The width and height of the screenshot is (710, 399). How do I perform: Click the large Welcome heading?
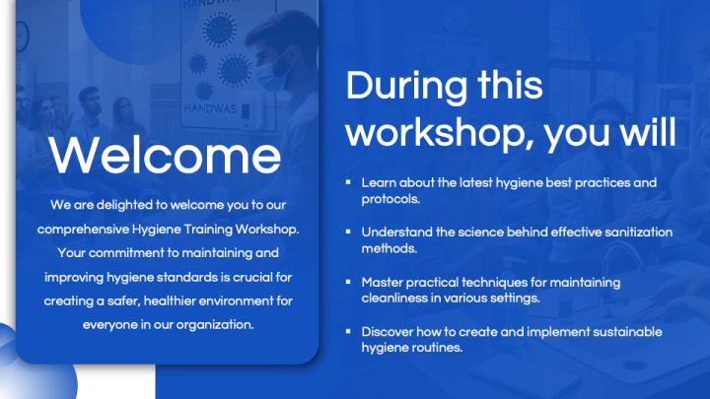[166, 156]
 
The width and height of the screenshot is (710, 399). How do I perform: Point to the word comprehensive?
[82, 230]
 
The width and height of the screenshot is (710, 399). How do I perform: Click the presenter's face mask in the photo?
[279, 68]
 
